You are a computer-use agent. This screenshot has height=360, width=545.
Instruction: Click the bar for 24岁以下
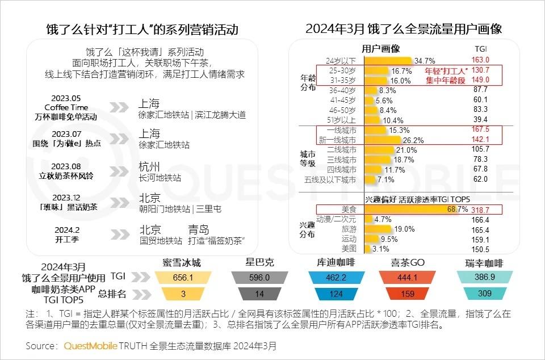387,60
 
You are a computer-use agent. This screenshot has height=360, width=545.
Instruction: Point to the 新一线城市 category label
338,140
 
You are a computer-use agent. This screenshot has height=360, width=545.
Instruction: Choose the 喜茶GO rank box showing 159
407,293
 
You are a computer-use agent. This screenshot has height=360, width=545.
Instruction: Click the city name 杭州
149,167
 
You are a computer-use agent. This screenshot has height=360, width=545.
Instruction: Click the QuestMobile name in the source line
91,345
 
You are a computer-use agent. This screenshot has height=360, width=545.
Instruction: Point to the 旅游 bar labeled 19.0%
377,229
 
